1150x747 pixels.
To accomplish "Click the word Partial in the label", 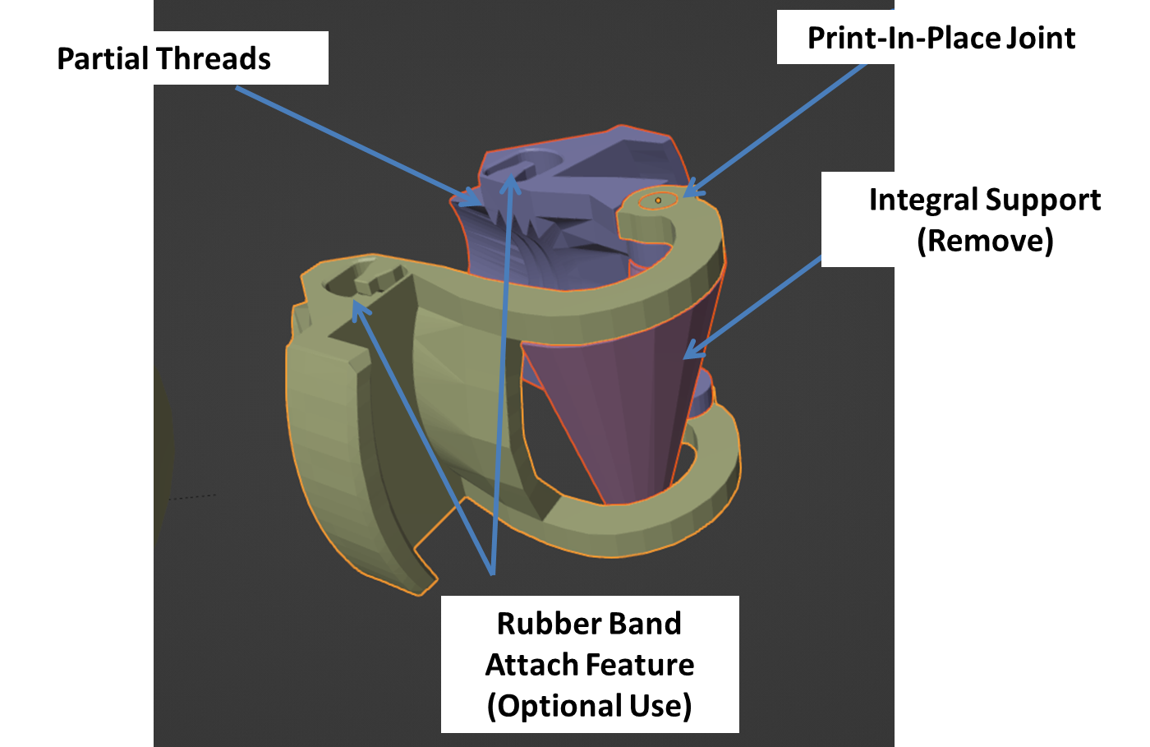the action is (x=103, y=58).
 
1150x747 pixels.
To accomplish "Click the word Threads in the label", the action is (x=214, y=58).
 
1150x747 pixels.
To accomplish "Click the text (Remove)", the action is (x=985, y=241).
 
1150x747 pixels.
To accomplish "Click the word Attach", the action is (x=531, y=664).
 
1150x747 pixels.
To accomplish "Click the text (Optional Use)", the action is (x=590, y=705).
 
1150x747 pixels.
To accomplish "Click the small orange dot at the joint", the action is (x=658, y=201).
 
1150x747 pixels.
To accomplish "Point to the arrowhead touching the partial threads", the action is (x=473, y=197).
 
